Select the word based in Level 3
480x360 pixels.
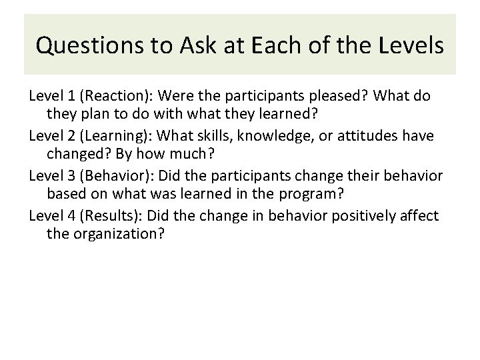click(x=65, y=194)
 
